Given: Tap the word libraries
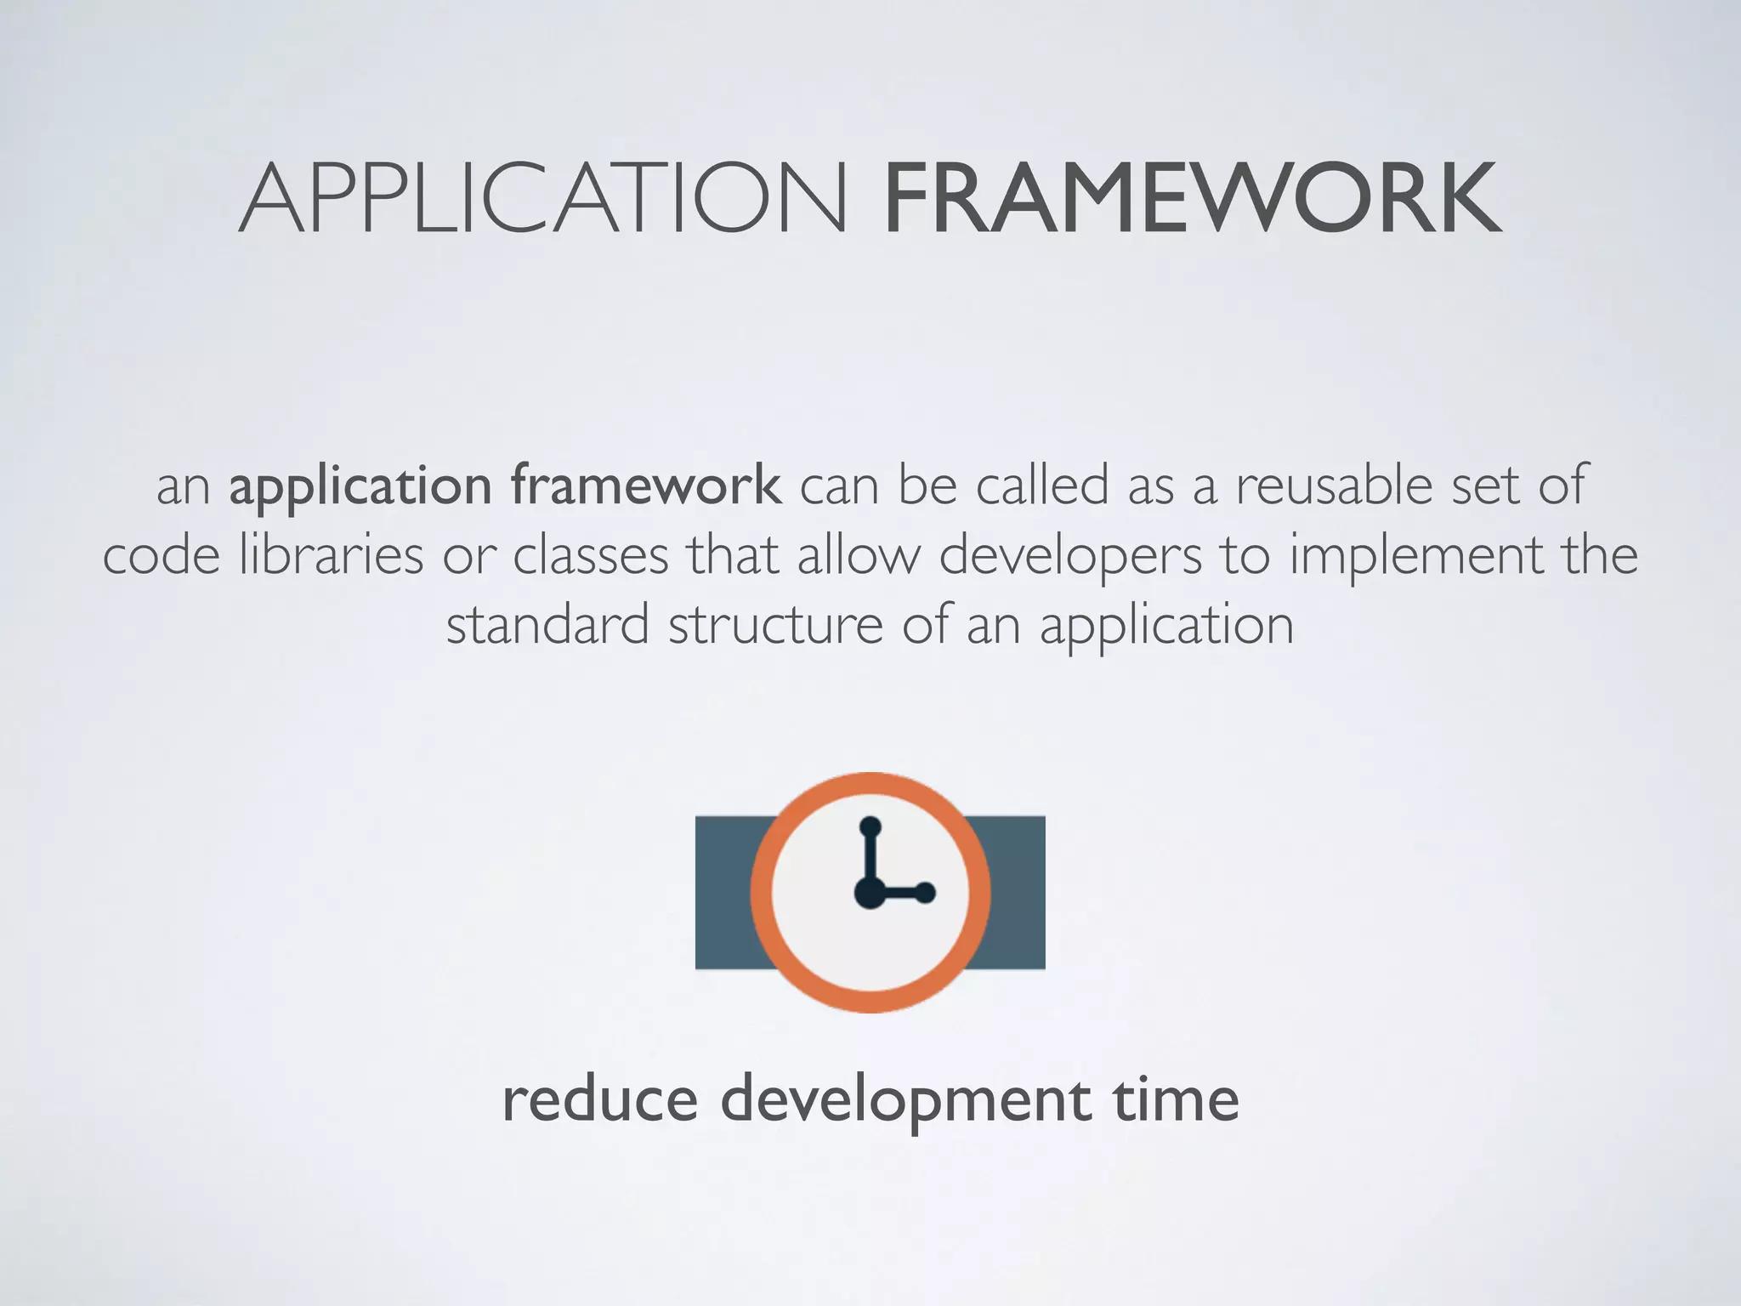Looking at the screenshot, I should click(x=331, y=555).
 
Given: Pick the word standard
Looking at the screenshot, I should click(x=547, y=625).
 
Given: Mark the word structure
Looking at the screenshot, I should click(x=775, y=625).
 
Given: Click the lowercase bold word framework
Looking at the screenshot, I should click(x=646, y=485).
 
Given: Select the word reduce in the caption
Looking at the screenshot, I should click(x=600, y=1099).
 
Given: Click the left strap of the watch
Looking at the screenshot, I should click(x=727, y=892).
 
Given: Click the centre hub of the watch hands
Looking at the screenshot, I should click(x=870, y=893).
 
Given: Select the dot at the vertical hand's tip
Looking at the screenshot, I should click(x=870, y=826).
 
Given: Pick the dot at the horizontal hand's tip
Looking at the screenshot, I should click(x=926, y=893).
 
